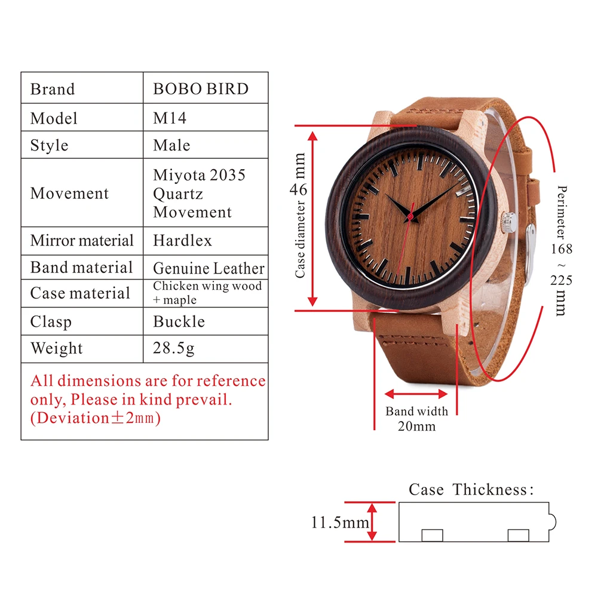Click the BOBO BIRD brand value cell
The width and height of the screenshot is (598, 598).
201,89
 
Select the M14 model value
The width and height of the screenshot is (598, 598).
170,118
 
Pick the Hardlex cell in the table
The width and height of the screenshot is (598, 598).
182,240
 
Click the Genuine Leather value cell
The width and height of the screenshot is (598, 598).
208,268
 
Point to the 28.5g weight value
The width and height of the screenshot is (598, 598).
173,348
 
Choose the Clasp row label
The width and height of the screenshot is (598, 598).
51,321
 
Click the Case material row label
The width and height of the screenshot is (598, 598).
79,293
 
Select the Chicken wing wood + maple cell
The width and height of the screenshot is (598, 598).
207,293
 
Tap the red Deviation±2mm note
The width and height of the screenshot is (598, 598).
96,418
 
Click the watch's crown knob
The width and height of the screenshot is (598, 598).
507,220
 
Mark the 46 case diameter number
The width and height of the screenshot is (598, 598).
299,189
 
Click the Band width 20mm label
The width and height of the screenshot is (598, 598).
416,418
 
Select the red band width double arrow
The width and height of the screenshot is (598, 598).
416,394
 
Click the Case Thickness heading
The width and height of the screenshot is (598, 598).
470,490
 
